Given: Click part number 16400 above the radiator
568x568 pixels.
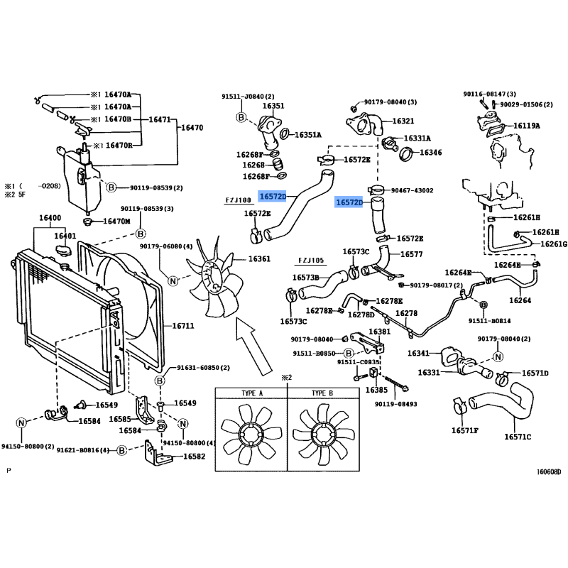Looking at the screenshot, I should click(50, 217).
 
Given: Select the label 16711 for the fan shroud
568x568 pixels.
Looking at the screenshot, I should click(183, 326).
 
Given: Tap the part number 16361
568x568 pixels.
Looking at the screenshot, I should click(259, 258).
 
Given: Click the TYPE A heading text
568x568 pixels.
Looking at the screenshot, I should click(251, 393).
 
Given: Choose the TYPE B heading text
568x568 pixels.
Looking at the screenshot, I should click(322, 393).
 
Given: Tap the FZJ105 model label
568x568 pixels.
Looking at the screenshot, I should click(311, 260).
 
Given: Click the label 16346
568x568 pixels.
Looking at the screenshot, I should click(430, 152).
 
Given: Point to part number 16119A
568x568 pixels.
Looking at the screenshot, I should click(526, 126).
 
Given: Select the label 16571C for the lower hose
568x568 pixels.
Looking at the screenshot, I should click(518, 436).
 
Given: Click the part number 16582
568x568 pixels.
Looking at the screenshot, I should click(194, 457).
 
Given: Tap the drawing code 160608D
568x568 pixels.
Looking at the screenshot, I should click(548, 471).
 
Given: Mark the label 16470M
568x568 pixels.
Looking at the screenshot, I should click(117, 221).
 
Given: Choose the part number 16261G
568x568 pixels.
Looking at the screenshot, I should click(554, 244).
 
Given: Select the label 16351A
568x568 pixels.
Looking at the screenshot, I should click(308, 134).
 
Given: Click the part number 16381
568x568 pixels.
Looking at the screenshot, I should click(379, 332).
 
